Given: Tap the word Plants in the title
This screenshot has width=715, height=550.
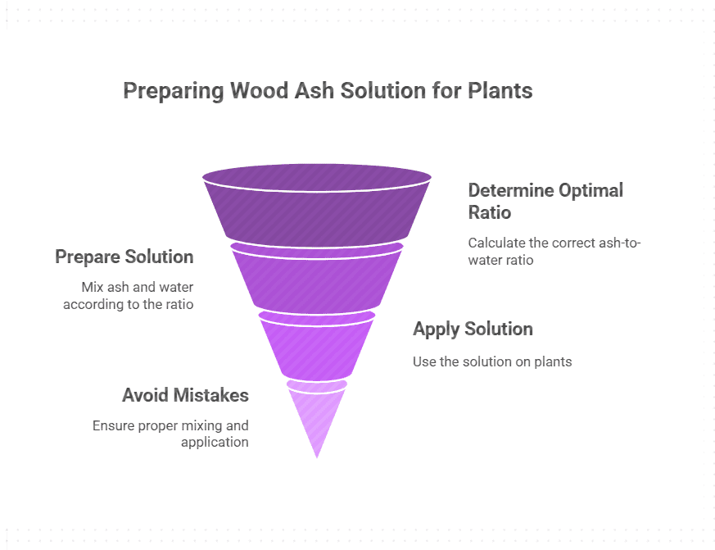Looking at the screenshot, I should [500, 90].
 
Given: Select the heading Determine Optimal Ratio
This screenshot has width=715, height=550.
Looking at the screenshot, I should [545, 201].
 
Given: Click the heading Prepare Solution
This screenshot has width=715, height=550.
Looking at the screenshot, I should [124, 257].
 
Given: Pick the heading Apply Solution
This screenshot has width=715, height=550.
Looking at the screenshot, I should [473, 329].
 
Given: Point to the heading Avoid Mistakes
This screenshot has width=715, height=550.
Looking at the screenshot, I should [185, 395].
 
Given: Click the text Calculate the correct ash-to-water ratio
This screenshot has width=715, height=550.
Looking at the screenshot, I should [554, 251].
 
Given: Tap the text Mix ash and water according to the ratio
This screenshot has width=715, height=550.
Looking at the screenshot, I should [137, 295].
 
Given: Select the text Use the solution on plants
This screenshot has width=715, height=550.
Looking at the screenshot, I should [492, 361].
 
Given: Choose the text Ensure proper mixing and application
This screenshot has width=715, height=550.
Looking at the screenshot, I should [170, 434].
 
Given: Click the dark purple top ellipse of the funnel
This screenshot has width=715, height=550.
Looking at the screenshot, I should [317, 175].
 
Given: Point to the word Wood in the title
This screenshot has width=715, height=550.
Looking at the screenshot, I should [256, 90].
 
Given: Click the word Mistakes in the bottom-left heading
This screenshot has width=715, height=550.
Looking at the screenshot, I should [210, 395].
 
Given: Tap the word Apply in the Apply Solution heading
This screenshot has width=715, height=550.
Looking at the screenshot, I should [437, 329].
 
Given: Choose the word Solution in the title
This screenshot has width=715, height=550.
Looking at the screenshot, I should [382, 90].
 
